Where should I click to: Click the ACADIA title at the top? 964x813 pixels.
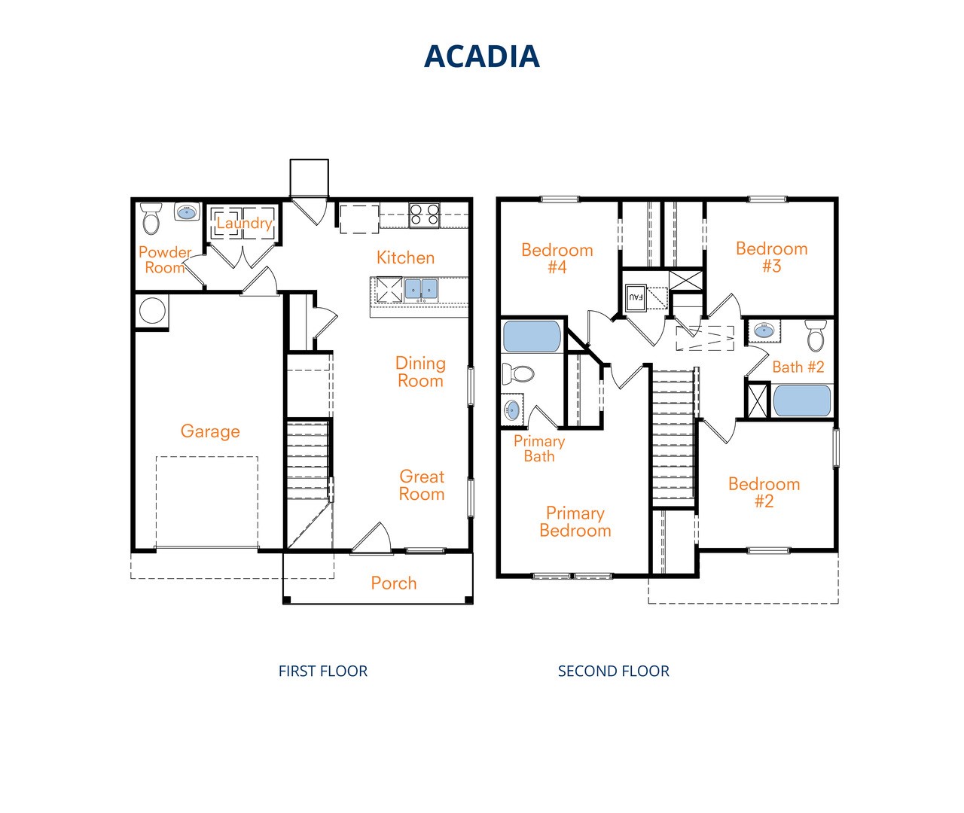click(x=481, y=56)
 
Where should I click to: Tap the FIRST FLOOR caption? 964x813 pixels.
click(x=323, y=671)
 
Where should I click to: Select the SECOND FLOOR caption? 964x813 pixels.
click(x=613, y=671)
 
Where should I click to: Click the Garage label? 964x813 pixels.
click(x=210, y=431)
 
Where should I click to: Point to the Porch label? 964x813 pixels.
click(x=394, y=583)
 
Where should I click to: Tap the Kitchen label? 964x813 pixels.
click(x=405, y=257)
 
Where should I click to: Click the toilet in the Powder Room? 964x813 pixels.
click(x=151, y=218)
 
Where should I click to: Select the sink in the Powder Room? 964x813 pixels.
click(x=187, y=212)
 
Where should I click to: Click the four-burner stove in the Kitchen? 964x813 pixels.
click(x=424, y=215)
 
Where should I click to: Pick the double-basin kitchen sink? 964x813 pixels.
click(x=420, y=289)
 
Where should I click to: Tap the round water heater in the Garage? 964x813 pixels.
click(x=152, y=311)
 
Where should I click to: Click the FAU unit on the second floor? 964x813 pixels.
click(x=636, y=297)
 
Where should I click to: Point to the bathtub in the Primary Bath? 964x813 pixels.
click(x=532, y=336)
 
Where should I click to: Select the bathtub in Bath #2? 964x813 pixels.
click(x=802, y=400)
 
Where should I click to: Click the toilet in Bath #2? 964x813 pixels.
click(x=816, y=336)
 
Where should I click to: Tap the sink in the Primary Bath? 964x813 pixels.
click(x=512, y=410)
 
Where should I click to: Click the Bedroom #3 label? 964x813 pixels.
click(x=771, y=257)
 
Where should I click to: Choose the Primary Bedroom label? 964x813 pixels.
click(x=575, y=522)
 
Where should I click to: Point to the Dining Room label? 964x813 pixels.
click(x=420, y=372)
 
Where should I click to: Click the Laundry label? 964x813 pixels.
click(x=244, y=224)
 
